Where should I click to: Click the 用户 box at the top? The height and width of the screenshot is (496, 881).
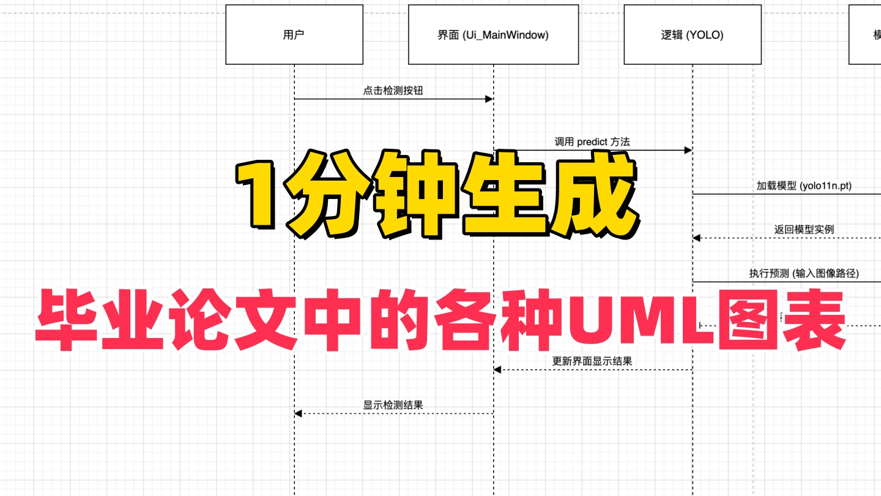click(x=294, y=35)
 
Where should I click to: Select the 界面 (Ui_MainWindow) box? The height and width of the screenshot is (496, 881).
click(x=493, y=35)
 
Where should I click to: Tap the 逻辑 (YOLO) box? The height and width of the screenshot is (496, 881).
click(x=693, y=35)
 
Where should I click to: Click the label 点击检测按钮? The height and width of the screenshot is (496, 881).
click(x=393, y=91)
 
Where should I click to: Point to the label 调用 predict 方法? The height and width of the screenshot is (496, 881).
click(x=592, y=142)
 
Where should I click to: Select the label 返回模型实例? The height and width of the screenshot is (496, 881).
click(x=803, y=230)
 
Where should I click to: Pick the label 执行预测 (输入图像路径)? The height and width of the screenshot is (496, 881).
click(x=803, y=274)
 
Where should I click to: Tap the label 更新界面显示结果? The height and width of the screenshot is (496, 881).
click(x=592, y=361)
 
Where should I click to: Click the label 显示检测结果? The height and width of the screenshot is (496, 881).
click(x=393, y=405)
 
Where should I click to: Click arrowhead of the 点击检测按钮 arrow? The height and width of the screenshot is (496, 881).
click(x=489, y=99)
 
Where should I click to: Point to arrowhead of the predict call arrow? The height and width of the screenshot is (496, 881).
click(x=688, y=150)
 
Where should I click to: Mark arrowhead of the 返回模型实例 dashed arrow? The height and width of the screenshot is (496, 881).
click(x=696, y=238)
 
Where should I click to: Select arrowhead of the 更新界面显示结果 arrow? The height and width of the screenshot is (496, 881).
click(x=497, y=369)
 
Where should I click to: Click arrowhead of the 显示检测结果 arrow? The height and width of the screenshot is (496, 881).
click(x=298, y=413)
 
